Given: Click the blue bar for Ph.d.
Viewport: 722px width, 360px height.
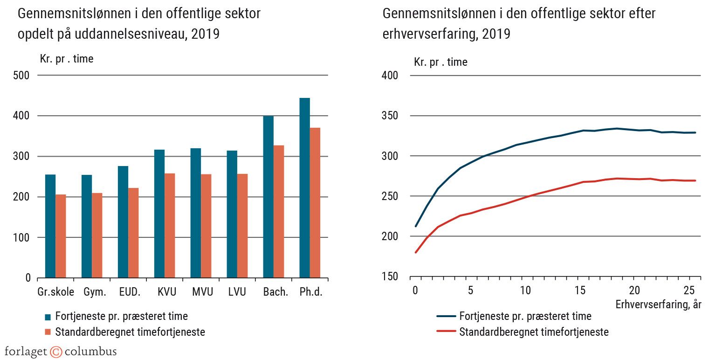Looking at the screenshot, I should pos(304,188).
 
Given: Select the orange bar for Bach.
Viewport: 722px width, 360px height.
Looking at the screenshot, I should pos(279,212).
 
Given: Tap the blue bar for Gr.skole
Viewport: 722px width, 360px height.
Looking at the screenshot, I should pos(50,226).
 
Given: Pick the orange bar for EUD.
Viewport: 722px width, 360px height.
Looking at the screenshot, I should pos(133,233).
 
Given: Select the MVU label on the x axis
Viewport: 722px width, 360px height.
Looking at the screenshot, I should pos(202,292).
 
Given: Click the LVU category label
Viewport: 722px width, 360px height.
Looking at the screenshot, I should pos(237,292).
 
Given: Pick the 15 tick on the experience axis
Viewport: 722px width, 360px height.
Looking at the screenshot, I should pos(580,291).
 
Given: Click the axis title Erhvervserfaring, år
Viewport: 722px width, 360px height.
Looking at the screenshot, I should pos(658,305).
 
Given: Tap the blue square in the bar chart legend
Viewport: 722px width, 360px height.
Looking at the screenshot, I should pos(48,317).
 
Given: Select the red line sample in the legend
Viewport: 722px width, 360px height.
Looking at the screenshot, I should pos(446,332).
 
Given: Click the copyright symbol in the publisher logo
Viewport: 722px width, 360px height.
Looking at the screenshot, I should pos(56,352).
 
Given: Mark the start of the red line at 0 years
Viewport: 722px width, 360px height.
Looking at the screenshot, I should pos(415,252).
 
